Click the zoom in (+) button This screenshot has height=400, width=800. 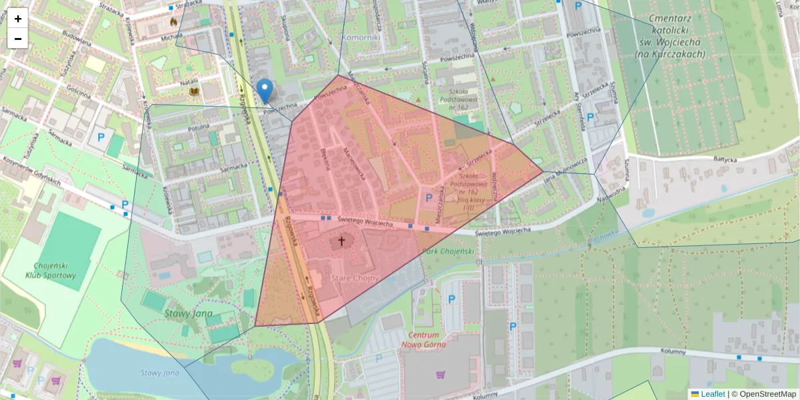point(18,19)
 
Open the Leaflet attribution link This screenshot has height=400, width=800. point(712,394)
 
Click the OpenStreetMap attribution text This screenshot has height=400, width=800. point(767,394)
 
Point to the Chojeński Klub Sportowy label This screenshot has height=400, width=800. point(51,270)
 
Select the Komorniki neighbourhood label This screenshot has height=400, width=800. point(361,38)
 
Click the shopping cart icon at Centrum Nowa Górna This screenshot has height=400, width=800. point(440,375)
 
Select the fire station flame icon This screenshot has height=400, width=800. point(175,21)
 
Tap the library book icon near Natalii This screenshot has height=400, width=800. point(194,91)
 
